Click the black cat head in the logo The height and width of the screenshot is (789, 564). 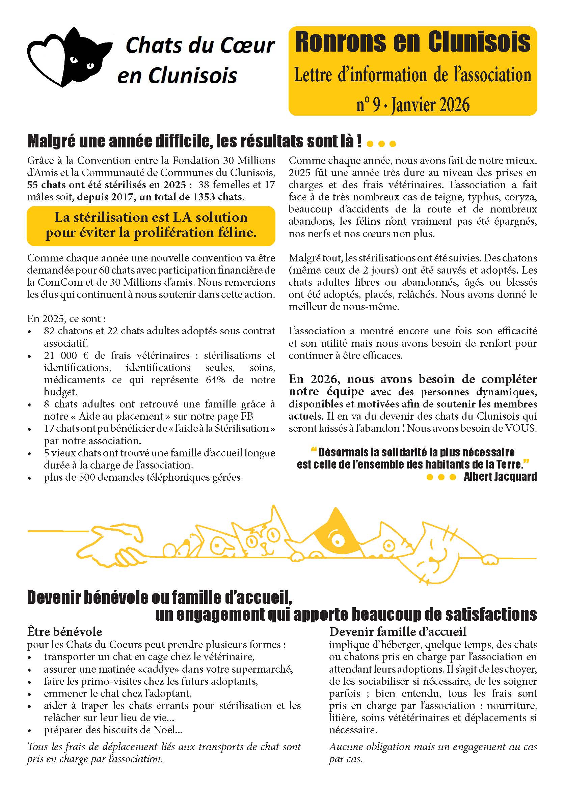click(x=83, y=57)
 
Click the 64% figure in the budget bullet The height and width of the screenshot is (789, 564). click(x=215, y=380)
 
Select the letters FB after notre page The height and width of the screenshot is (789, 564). click(x=247, y=416)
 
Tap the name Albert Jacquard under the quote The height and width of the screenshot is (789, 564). click(x=500, y=477)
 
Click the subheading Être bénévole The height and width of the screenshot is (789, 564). click(x=64, y=631)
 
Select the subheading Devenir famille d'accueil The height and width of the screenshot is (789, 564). click(x=398, y=631)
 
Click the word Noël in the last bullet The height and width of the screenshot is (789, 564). click(x=165, y=730)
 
